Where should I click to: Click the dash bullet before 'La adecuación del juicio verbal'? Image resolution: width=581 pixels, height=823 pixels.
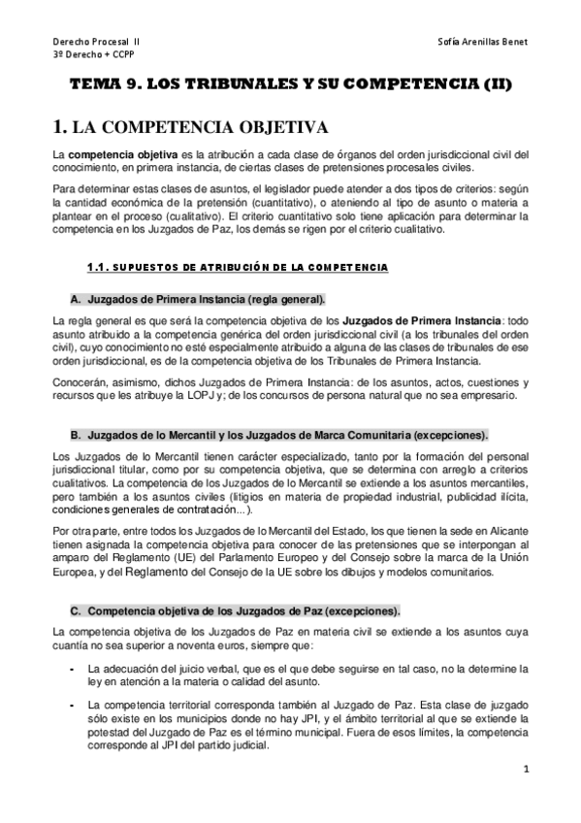pos(74,669)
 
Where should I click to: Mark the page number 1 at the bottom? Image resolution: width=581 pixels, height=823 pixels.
pos(525,772)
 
